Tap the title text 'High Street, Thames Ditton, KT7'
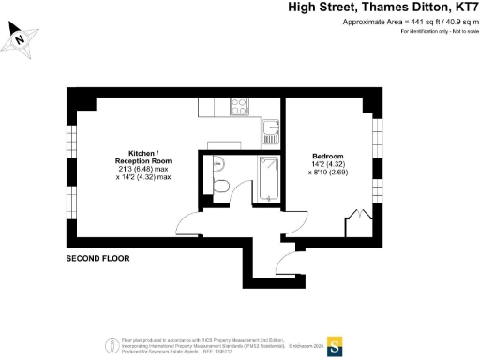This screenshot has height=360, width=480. [382, 7]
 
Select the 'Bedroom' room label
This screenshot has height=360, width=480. [328, 156]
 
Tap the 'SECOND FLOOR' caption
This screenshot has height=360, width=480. [97, 258]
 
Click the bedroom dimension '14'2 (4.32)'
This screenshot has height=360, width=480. [328, 164]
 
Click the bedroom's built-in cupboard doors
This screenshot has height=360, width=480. [355, 225]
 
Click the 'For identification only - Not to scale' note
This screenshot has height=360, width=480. [439, 32]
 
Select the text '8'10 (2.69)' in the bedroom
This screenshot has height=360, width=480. [328, 172]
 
